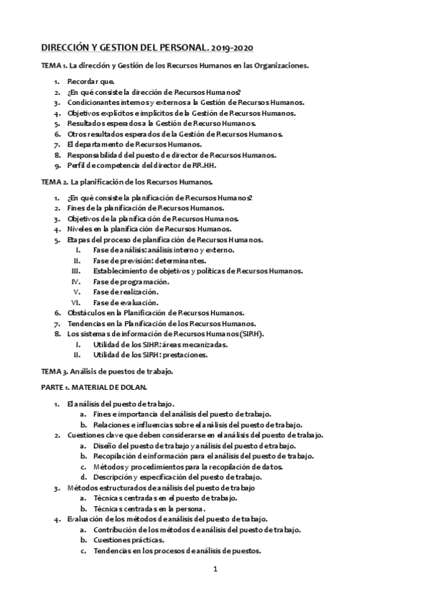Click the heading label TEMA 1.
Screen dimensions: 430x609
pos(55,66)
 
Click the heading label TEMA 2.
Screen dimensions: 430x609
pos(55,182)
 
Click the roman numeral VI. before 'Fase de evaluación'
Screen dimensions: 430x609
pos(84,302)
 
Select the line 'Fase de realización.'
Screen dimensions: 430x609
pos(126,292)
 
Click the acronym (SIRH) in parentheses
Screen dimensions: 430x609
pos(249,334)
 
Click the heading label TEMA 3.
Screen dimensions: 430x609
pos(55,371)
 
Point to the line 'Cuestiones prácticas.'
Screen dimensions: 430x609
pos(128,539)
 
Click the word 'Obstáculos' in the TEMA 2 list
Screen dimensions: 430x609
pos(85,312)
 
